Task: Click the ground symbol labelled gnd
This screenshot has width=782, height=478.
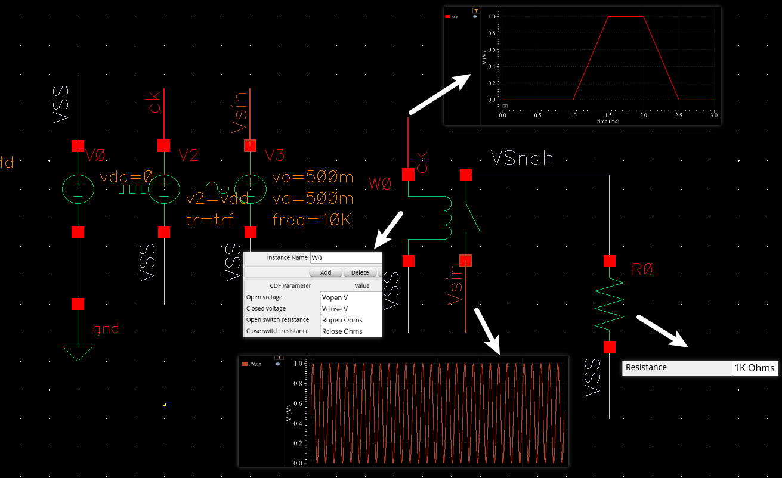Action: (78, 353)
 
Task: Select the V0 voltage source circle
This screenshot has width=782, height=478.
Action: (78, 189)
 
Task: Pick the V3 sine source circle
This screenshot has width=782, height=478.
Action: (251, 189)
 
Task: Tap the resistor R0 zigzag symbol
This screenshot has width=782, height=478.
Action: (609, 304)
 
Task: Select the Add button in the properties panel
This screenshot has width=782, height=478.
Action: (325, 272)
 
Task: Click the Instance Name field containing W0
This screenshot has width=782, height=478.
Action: (345, 257)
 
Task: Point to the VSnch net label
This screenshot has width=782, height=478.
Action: (522, 159)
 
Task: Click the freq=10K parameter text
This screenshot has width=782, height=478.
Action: (311, 220)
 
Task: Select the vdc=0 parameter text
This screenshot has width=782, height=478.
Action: (126, 178)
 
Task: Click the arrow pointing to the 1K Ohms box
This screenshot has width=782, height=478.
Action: (662, 330)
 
